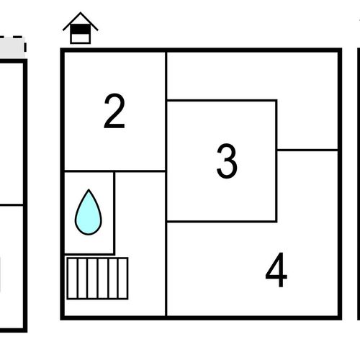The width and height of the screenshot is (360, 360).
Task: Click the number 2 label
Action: click(x=114, y=111)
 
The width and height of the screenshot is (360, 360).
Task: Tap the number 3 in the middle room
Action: click(x=227, y=161)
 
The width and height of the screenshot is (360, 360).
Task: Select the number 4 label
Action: click(x=276, y=270)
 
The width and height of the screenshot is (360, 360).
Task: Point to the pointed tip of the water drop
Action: click(x=89, y=189)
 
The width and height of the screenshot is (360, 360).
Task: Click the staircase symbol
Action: click(x=97, y=279)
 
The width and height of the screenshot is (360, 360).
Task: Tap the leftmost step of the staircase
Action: click(x=73, y=279)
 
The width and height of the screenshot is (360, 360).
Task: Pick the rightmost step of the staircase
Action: click(x=123, y=279)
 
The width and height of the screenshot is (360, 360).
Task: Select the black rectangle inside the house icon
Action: click(x=81, y=29)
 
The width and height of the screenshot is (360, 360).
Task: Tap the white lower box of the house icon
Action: click(x=81, y=38)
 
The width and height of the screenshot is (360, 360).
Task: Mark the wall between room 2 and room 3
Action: click(x=166, y=112)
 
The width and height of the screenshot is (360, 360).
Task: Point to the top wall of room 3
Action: click(x=222, y=100)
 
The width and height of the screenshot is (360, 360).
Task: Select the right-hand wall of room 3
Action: click(x=276, y=161)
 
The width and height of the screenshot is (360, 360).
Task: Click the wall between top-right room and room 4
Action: click(x=307, y=150)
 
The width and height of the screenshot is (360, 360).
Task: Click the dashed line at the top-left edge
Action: click(x=13, y=38)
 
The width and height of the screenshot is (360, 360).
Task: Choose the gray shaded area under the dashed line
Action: click(x=12, y=48)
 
